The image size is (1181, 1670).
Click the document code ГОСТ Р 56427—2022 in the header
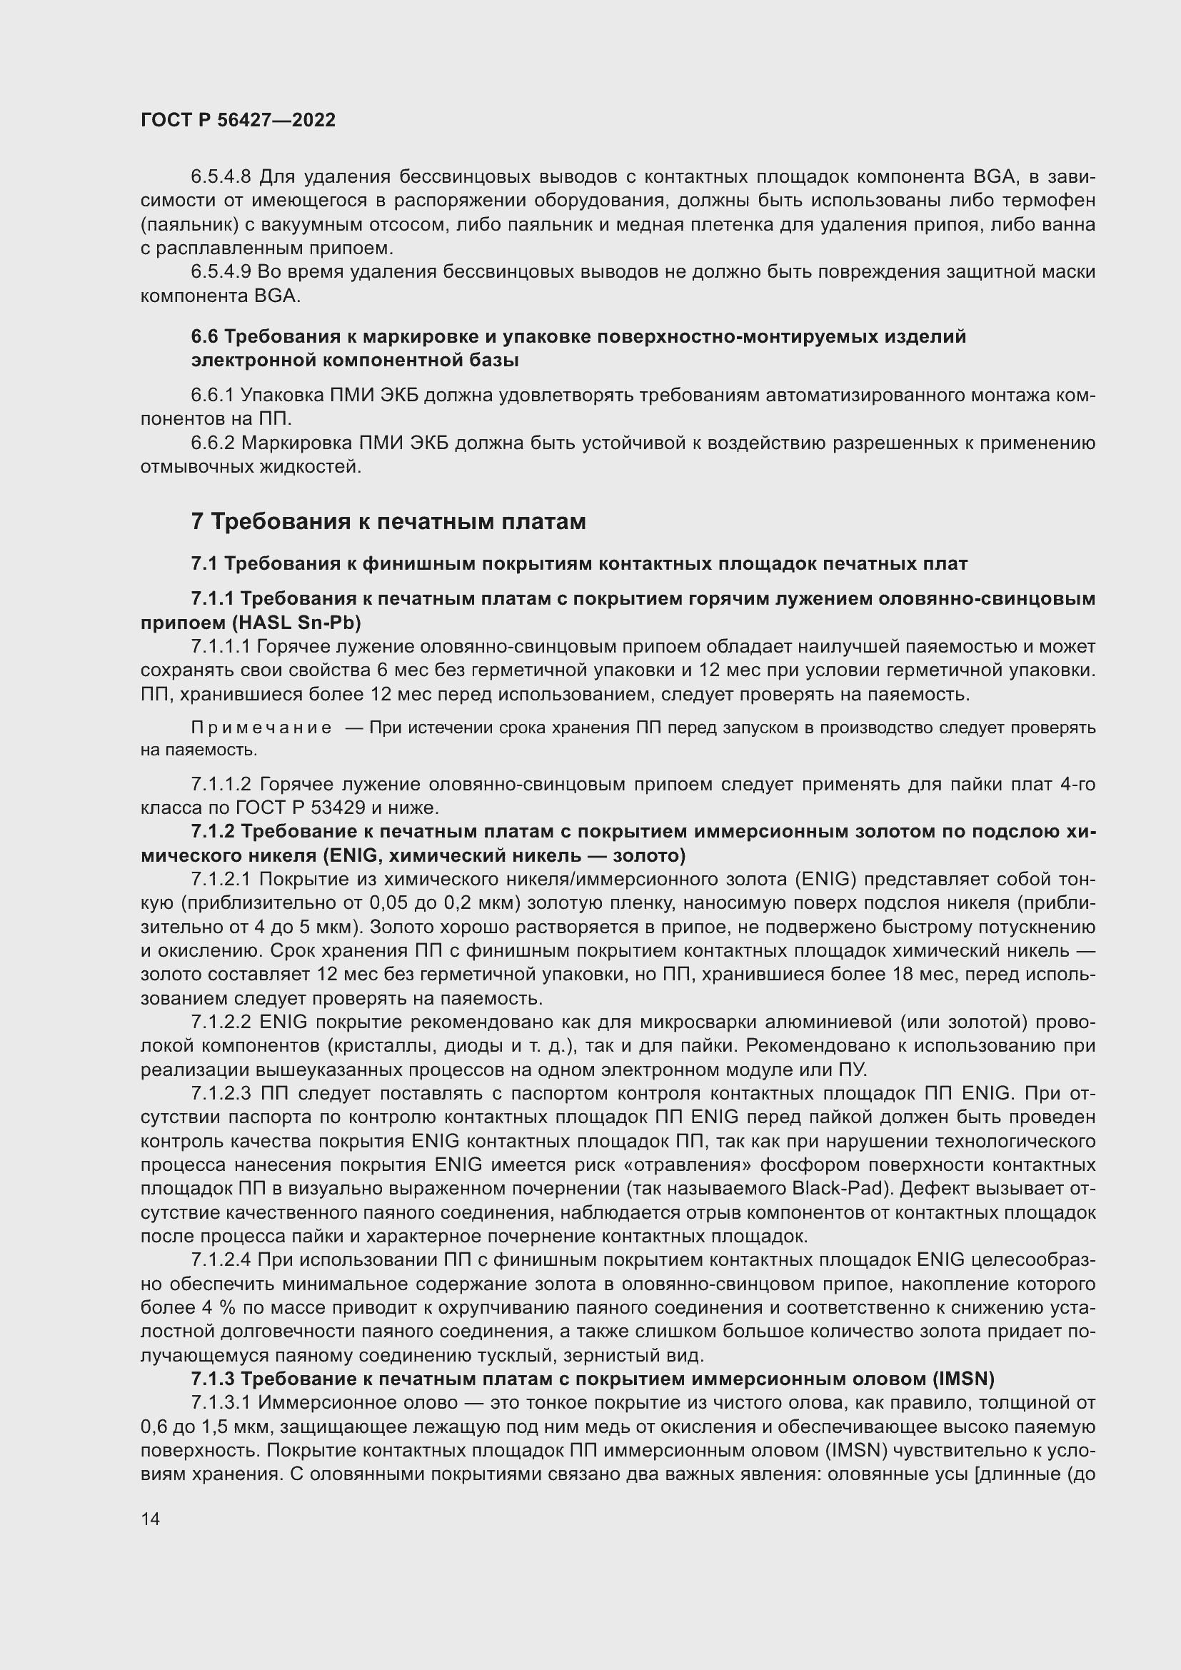pyautogui.click(x=238, y=120)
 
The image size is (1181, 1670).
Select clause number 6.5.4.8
pyautogui.click(x=221, y=177)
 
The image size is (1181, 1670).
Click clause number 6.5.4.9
pyautogui.click(x=221, y=272)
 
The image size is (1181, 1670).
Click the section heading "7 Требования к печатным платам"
pyautogui.click(x=388, y=521)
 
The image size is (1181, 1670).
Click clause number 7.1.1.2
pyautogui.click(x=221, y=784)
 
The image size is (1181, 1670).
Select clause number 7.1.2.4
pyautogui.click(x=221, y=1259)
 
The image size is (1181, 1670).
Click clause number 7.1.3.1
pyautogui.click(x=221, y=1402)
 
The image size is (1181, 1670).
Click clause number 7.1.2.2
pyautogui.click(x=221, y=1022)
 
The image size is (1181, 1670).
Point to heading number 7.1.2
pyautogui.click(x=211, y=831)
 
